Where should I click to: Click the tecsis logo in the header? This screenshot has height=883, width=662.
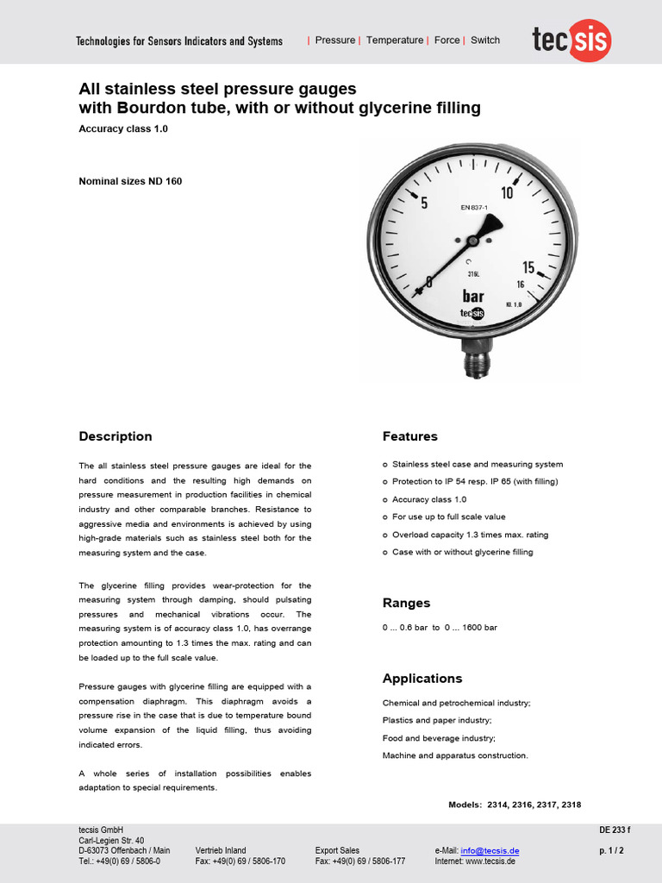pos(571,41)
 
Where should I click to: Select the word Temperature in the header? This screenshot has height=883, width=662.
pos(395,41)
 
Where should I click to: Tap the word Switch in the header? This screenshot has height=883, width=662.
pos(485,41)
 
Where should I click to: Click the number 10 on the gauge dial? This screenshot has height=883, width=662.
pos(507,193)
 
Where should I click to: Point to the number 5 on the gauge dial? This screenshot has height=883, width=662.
pos(423,204)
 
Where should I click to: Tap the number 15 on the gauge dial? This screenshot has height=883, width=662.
pos(528,268)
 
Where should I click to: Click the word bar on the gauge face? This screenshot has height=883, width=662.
pos(473,296)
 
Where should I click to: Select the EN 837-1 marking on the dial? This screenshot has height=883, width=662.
pos(474,207)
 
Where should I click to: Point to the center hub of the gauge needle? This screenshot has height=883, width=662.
pos(472,241)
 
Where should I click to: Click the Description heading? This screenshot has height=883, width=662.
pos(116,436)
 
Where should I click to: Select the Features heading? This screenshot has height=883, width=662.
pos(410,436)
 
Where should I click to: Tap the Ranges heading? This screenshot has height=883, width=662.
pos(406,603)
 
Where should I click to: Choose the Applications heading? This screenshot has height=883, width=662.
pos(422,679)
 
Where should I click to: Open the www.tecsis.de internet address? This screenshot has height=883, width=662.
pos(488,861)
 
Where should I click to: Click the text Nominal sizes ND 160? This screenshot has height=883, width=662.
pos(130,181)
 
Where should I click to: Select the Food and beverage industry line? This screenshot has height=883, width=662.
pos(439,738)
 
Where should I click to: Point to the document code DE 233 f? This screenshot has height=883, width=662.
pos(615,830)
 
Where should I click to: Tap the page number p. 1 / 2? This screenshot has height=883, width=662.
pos(611,851)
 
